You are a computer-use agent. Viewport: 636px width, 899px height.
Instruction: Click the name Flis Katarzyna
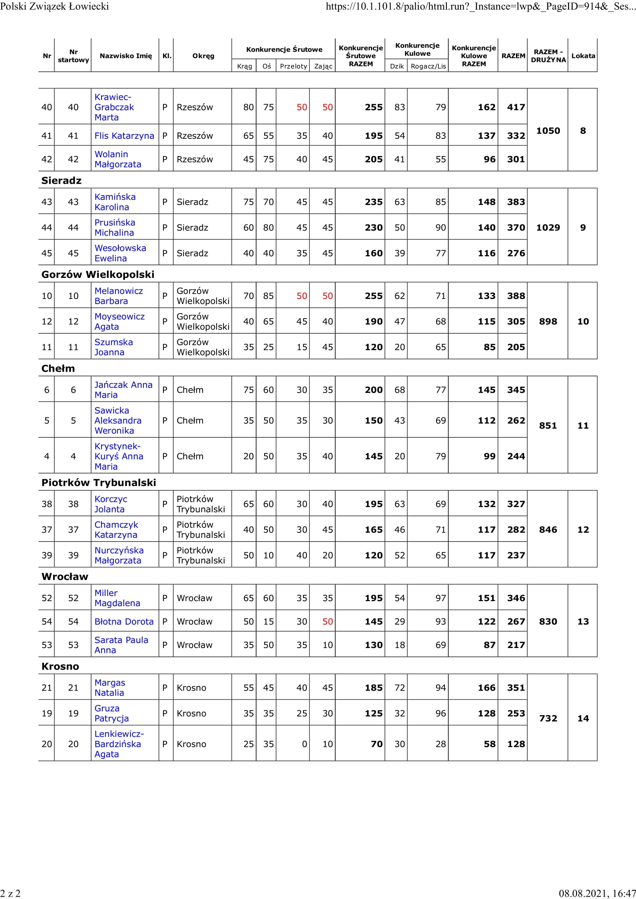point(124,136)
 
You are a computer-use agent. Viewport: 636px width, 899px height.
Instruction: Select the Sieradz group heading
point(62,181)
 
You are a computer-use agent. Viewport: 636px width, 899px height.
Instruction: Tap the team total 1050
point(548,131)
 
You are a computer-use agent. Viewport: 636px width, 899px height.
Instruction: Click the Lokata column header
point(583,56)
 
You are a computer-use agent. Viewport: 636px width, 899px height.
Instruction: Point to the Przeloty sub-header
point(293,66)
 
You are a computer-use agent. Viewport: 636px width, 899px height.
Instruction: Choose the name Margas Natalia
point(110,688)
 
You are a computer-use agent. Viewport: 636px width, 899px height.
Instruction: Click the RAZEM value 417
point(516,107)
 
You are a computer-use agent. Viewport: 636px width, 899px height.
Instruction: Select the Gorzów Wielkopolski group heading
point(98,274)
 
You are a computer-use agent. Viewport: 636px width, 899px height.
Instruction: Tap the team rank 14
point(583,718)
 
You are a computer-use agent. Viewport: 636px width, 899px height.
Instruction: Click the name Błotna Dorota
point(124,621)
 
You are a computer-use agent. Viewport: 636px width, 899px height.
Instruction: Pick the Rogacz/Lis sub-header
point(428,66)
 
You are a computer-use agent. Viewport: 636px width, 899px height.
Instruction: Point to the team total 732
point(548,718)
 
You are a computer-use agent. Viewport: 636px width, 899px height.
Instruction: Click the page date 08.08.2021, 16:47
point(597,893)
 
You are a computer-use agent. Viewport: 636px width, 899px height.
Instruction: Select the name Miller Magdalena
point(117,598)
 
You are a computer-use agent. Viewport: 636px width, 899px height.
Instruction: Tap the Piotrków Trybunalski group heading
point(99,482)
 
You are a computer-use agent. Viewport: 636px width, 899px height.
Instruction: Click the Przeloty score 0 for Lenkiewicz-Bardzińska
point(304,744)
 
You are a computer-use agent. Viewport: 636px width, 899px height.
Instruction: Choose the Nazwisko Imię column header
point(126,56)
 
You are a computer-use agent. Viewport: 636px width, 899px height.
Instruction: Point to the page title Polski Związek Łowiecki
point(55,6)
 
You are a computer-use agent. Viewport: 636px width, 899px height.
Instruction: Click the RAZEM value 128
point(516,744)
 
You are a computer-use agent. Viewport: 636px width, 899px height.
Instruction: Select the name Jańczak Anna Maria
point(123,390)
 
